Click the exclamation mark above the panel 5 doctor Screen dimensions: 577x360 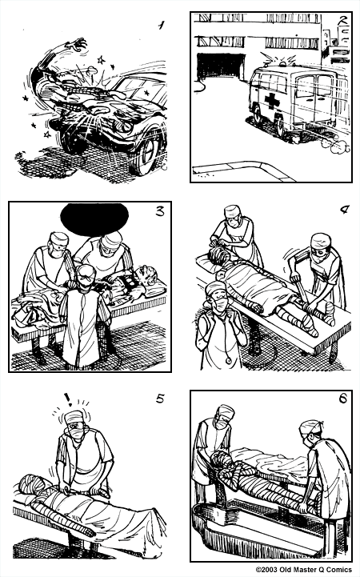coord(70,399)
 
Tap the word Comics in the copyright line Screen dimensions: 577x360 coord(339,570)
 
